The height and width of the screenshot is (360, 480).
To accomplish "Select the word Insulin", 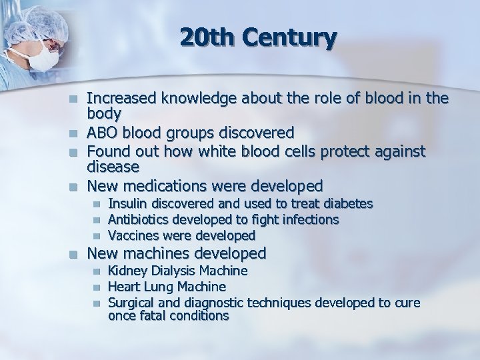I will click(x=129, y=203).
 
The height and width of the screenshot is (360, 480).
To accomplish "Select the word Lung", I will click(x=160, y=287).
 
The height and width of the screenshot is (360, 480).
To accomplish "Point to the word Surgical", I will click(x=132, y=303).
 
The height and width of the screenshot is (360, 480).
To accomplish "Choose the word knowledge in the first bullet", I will click(x=211, y=99).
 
